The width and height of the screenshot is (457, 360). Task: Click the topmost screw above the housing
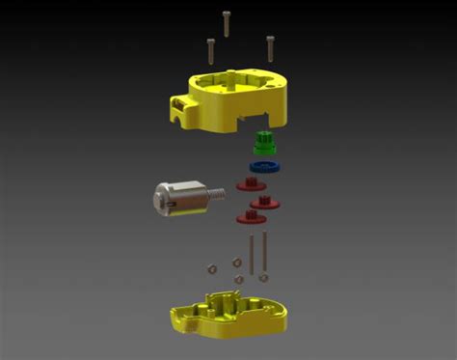[x=227, y=21]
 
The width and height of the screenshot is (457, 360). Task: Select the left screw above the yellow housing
[x=210, y=48]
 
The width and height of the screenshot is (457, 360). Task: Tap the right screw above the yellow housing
[x=269, y=46]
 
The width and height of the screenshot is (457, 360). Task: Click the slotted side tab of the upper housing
[x=182, y=107]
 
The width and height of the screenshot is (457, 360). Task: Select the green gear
[x=262, y=144]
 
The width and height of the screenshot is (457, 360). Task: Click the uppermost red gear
[x=250, y=184]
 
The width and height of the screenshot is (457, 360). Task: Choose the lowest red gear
[x=249, y=218]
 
